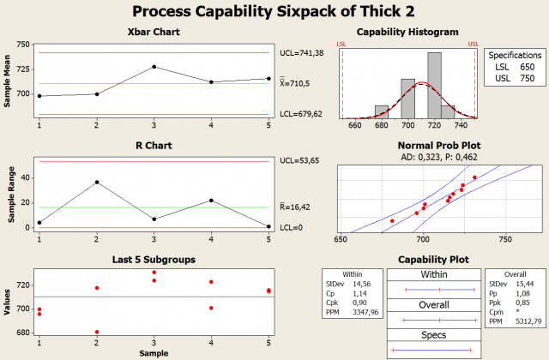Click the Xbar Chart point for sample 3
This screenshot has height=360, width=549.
pyautogui.click(x=154, y=67)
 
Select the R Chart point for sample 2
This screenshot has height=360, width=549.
pyautogui.click(x=97, y=182)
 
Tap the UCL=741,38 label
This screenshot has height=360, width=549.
pyautogui.click(x=302, y=53)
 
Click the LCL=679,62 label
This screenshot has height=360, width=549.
pyautogui.click(x=302, y=114)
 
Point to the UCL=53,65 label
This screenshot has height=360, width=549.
pyautogui.click(x=299, y=161)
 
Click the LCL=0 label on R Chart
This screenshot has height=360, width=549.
pyautogui.click(x=293, y=227)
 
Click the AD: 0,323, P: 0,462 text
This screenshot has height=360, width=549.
pyautogui.click(x=407, y=158)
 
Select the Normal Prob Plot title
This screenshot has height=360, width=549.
pyautogui.click(x=407, y=147)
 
